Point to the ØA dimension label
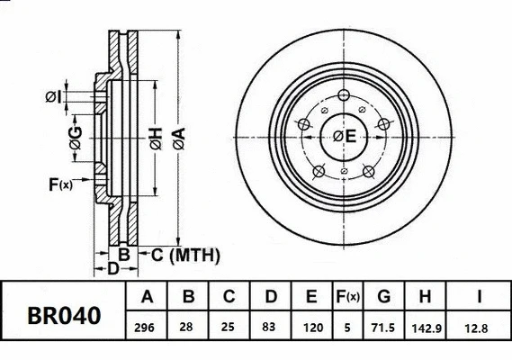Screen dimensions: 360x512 tap(178, 137)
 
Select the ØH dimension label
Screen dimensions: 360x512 tap(156, 137)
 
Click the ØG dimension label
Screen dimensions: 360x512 tap(76, 137)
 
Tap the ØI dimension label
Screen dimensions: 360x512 tap(53, 96)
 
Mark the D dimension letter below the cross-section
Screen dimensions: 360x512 tap(112, 269)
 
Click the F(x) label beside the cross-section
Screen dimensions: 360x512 tap(60, 185)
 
